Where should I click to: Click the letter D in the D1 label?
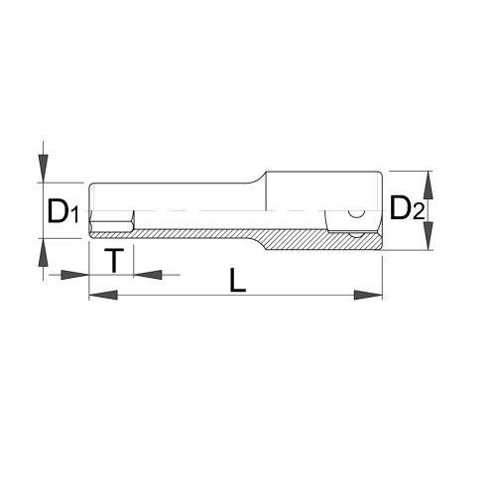click(58, 210)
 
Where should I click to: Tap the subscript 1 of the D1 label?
click(75, 214)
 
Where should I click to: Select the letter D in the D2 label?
click(400, 207)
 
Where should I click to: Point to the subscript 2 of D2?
click(418, 211)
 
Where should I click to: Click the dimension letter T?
click(114, 260)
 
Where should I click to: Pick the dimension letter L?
click(238, 281)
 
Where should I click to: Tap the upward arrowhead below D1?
click(43, 252)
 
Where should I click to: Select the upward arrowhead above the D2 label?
click(429, 186)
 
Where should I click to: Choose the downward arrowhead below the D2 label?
click(429, 236)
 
